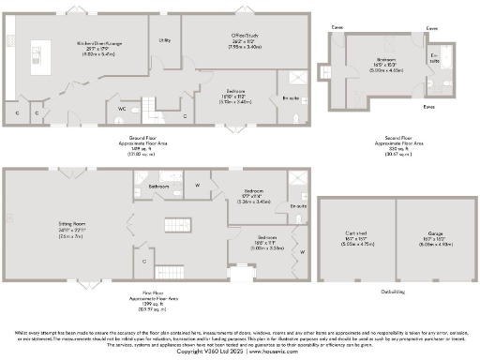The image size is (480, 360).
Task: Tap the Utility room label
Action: point(164,40)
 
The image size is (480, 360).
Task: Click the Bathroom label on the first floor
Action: point(158,187)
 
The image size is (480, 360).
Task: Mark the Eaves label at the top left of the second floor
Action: point(337,28)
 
